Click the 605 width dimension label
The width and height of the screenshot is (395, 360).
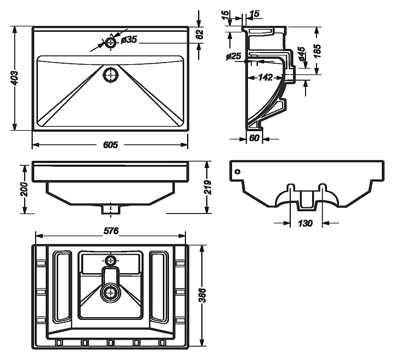tap(110, 145)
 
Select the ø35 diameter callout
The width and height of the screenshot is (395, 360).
tap(129, 40)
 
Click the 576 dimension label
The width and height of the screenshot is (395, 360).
tap(111, 231)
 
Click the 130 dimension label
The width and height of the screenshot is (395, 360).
tap(306, 223)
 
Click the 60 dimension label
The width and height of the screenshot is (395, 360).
tap(254, 138)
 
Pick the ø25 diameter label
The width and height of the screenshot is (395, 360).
tap(234, 56)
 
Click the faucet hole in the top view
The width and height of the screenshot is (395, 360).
tap(111, 42)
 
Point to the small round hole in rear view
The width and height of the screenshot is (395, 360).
tap(237, 171)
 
